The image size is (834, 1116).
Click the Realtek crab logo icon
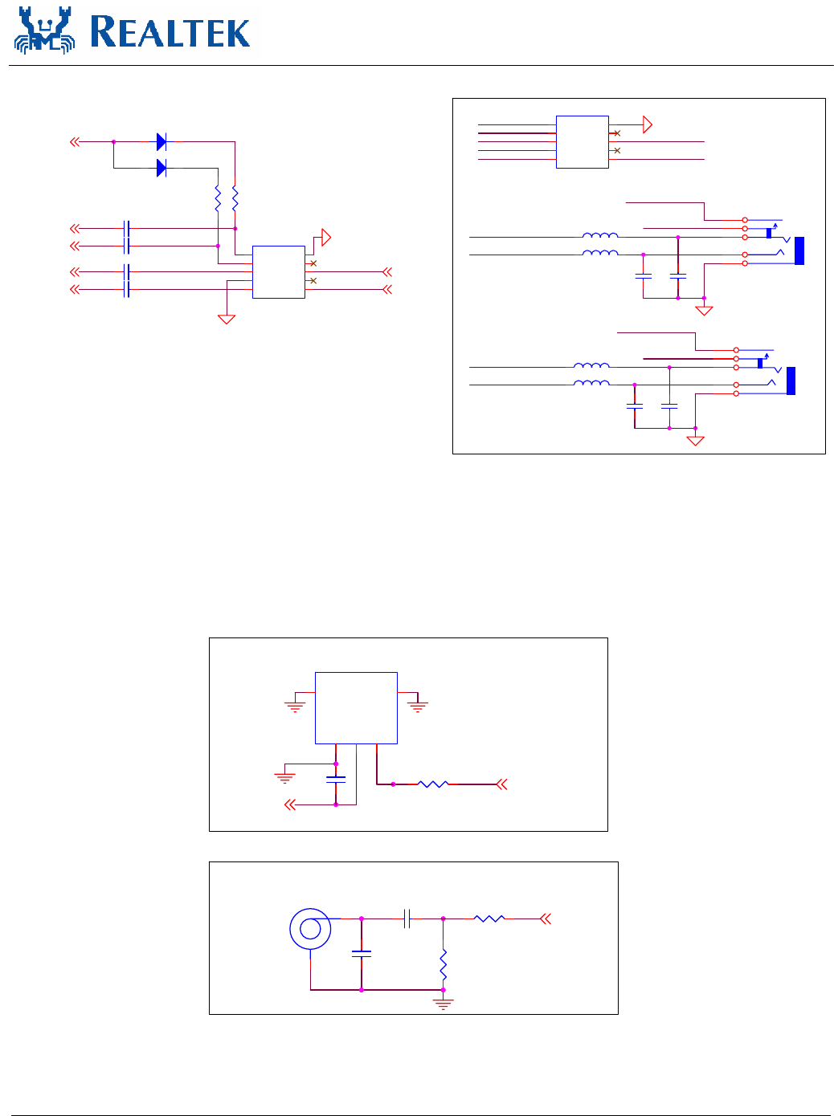tap(44, 31)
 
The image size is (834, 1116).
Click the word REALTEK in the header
tap(170, 33)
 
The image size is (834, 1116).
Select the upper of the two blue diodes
tap(161, 142)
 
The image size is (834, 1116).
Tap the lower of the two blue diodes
tap(161, 168)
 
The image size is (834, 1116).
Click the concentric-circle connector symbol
tap(310, 929)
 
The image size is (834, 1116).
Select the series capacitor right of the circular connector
tap(407, 918)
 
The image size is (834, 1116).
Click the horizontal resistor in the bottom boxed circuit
tap(489, 918)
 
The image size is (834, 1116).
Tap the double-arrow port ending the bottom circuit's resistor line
tap(546, 918)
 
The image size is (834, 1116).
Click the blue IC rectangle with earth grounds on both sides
tap(356, 708)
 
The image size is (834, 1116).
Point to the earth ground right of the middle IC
tap(417, 707)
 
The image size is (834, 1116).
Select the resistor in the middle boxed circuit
tap(432, 784)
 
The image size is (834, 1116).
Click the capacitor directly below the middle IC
tap(336, 779)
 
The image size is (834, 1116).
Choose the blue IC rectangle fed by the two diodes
tap(279, 272)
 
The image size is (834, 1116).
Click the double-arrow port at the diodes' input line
tap(75, 142)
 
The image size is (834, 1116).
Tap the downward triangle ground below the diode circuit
tap(227, 319)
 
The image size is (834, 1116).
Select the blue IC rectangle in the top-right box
tap(582, 142)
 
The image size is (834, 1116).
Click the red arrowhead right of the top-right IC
tap(648, 124)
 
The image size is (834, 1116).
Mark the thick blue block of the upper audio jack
tap(799, 251)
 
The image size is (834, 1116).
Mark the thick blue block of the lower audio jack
tap(791, 381)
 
